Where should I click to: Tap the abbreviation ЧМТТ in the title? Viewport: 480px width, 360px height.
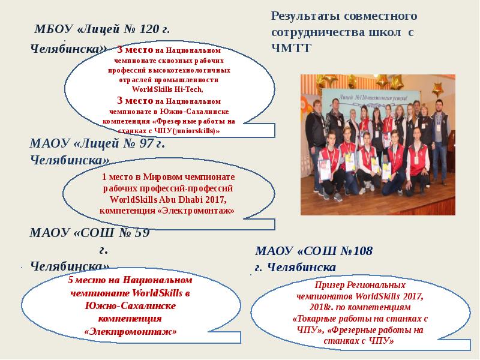tap(291, 49)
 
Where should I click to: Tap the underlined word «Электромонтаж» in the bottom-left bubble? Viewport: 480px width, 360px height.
tap(131, 331)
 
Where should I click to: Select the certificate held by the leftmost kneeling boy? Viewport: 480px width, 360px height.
tap(325, 171)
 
